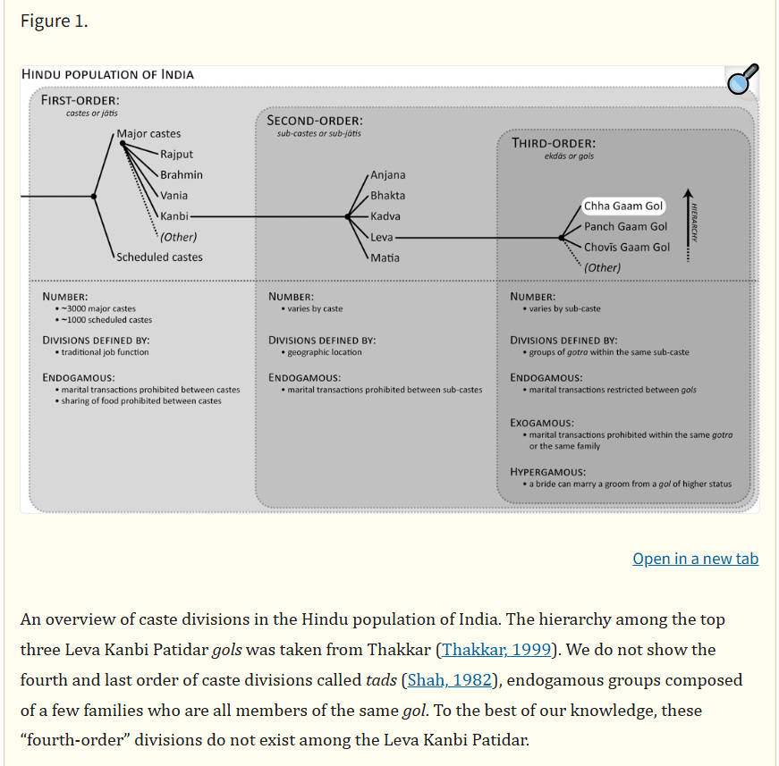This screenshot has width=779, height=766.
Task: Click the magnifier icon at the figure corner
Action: point(742,80)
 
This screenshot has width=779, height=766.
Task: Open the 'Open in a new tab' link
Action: point(695,559)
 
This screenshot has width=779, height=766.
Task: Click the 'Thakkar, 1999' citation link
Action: point(496,650)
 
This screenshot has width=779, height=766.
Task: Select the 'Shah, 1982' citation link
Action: point(449,680)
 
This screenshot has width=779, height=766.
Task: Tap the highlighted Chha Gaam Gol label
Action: point(623,206)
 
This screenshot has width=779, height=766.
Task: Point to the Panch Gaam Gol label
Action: point(625,227)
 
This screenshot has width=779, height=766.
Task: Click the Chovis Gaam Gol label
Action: point(626,248)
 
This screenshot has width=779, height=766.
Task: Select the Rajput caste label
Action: point(176,155)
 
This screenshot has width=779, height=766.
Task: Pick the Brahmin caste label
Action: point(182,175)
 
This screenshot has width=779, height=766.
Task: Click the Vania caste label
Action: point(174,196)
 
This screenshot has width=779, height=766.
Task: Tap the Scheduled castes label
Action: point(159,257)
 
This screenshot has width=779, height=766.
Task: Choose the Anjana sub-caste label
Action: point(387,175)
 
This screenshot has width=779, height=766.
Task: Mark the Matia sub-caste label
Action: point(385,258)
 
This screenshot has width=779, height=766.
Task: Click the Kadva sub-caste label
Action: point(385,216)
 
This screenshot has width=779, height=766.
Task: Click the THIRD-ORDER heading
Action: point(553,143)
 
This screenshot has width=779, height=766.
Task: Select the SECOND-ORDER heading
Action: point(315,120)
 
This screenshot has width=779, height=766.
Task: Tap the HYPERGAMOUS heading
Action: point(547,472)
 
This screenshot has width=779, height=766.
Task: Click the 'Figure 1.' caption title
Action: point(54,21)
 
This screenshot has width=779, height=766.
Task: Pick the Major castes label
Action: point(148,134)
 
